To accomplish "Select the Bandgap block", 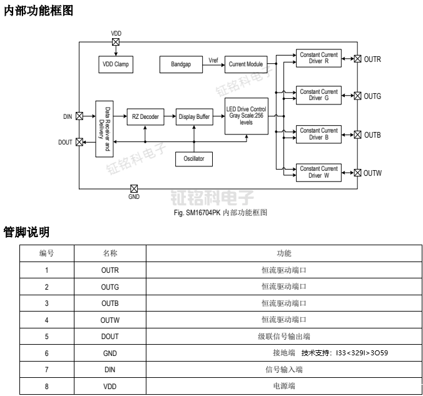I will pos(181,64).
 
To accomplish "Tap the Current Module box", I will pos(246,64).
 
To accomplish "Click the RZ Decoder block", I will pos(145,116).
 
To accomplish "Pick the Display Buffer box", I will pos(195,116).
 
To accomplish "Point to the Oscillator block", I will pos(194,159).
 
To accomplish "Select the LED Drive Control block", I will pos(246,116).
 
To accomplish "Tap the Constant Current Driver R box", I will pos(319,59).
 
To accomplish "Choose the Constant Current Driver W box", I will pos(319,173).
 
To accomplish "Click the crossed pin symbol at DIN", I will pos(79,116).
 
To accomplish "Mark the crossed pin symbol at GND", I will pos(134,188).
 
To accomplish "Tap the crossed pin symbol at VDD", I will pos(116,42).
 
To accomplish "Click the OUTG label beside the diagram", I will pos(372,96).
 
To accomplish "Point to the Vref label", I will pos(214,60).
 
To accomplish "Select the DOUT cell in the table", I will pos(110,337).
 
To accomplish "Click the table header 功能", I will pos(283,253).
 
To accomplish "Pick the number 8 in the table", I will pos(46,387).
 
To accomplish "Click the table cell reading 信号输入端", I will pos(283,370).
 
